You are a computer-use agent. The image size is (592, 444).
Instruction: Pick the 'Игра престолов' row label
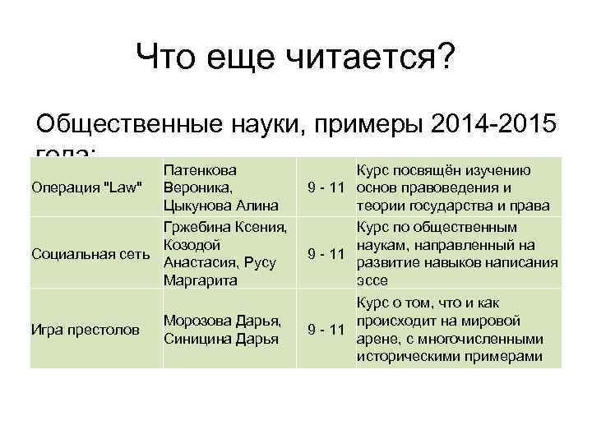84,330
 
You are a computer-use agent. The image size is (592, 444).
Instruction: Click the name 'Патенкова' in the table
201,170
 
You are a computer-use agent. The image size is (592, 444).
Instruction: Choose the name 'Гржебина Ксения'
225,227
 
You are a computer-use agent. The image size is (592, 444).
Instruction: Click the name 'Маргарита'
201,280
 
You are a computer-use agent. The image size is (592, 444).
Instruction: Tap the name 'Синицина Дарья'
223,338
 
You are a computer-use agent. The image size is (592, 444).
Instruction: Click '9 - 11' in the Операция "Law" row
326,187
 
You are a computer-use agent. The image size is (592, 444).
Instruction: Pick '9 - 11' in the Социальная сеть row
326,253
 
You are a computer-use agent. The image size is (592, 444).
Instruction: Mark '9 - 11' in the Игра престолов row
326,330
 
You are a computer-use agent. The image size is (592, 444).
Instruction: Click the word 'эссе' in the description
371,280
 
